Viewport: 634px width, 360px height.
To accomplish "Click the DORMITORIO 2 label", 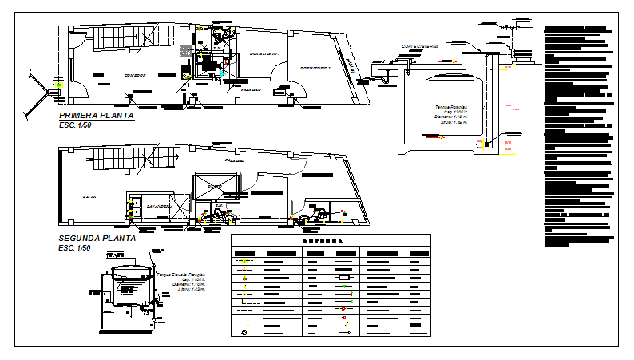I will (315, 68).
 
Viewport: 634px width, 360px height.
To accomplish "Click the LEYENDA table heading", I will (329, 240).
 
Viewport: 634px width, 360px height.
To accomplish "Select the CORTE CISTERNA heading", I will (420, 46).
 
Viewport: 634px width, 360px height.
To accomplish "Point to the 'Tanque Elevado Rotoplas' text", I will (180, 273).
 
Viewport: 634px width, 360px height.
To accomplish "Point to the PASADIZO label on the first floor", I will (252, 91).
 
